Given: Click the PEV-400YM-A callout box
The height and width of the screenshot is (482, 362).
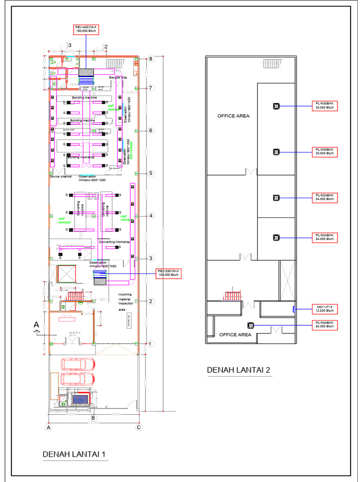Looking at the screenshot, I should coord(86,29).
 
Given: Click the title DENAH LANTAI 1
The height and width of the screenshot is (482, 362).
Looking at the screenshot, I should coord(75,455).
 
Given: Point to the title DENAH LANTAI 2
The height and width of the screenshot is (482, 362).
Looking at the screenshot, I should coord(239,370).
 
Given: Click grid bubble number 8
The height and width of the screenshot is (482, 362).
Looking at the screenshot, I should coord(151,59).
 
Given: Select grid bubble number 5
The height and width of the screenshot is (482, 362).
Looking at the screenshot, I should coord(151,173).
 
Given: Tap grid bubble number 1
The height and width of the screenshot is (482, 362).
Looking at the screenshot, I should coord(151,344).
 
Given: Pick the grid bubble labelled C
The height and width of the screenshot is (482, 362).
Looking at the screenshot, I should coord(139,428).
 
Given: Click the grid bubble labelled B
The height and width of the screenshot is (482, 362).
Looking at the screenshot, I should coord(93,418).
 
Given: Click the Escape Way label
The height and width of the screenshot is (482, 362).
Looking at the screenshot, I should coord(118,77).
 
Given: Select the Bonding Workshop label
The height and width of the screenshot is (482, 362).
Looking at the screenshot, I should coord(81,157).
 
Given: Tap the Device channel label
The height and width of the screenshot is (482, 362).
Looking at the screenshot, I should coord(61,177).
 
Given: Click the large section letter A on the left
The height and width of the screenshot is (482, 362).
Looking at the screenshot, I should coord(36,324).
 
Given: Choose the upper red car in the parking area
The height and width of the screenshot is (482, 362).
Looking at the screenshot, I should coord(78,364).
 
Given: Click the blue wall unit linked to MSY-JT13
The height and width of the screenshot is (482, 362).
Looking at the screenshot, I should coord(294,309).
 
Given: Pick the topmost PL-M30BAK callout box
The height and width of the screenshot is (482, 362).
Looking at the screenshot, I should coord(326,105).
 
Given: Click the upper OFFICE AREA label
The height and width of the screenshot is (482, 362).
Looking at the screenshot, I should coord(233,116).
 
